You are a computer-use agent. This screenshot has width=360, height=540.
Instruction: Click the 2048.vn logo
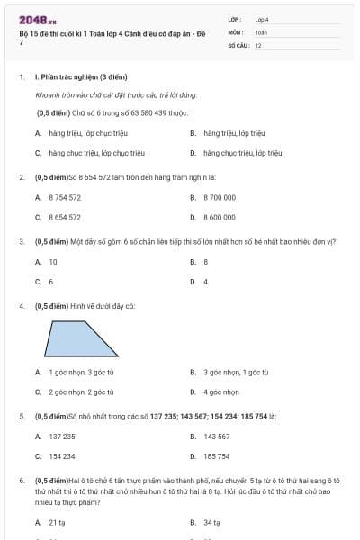click(38, 19)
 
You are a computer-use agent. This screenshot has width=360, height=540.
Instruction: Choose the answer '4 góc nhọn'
click(220, 391)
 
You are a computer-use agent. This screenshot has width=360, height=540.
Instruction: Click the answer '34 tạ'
click(211, 522)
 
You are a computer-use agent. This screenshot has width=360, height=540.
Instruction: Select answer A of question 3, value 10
click(53, 262)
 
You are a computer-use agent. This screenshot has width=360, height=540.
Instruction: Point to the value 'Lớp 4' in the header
click(262, 19)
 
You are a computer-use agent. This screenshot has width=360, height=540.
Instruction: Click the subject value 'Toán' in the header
click(261, 31)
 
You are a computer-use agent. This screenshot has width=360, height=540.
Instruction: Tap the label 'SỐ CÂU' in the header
click(238, 45)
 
